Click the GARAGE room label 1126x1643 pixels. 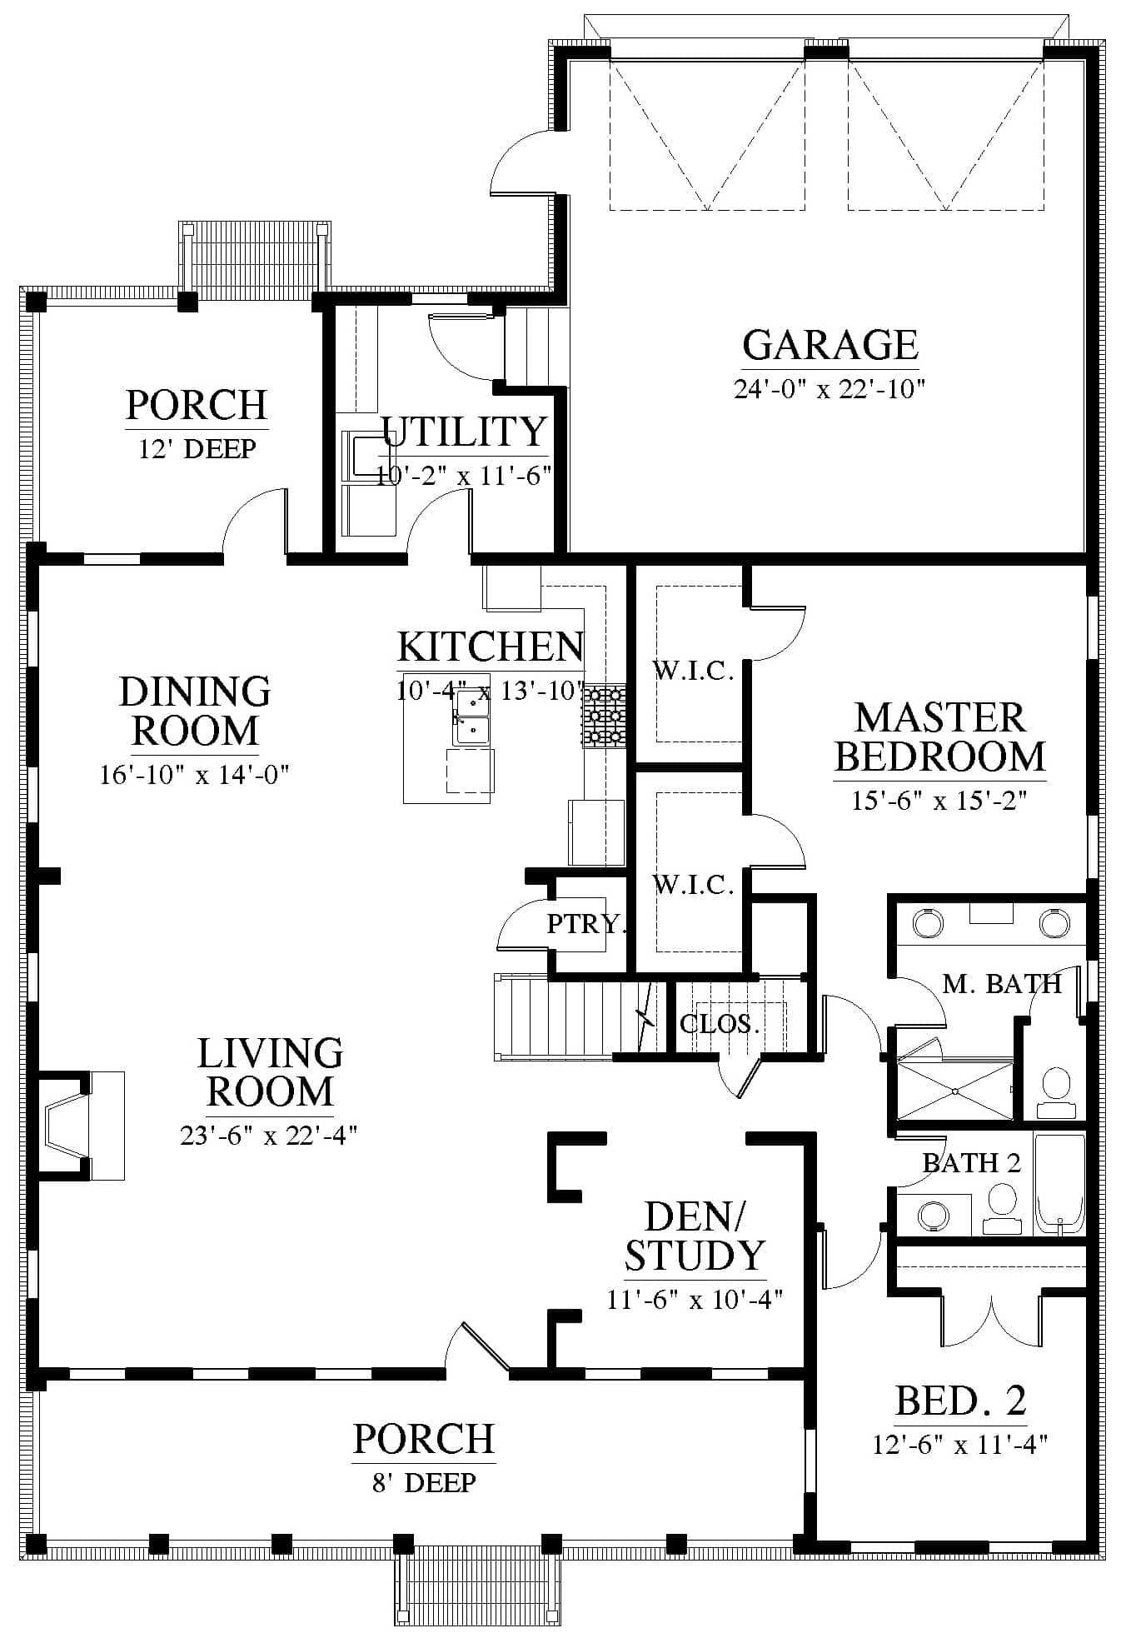830,345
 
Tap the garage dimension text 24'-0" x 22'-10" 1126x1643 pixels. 830,389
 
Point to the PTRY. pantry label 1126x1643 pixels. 585,923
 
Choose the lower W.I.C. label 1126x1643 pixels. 693,884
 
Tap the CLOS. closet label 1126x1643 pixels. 720,1023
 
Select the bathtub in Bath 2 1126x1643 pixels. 1060,1183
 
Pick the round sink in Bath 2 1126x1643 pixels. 934,1216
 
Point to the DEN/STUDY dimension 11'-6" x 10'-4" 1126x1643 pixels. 695,1299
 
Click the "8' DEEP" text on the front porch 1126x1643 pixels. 424,1482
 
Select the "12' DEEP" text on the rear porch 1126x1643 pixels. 197,448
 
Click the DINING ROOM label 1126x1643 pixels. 195,711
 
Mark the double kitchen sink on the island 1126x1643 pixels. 471,718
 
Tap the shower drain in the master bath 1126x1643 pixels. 954,1091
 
